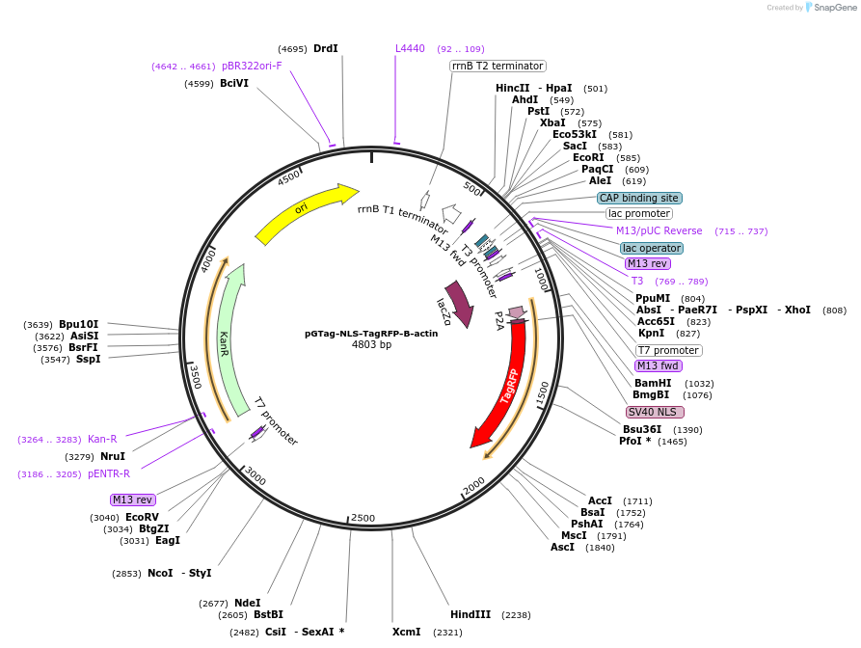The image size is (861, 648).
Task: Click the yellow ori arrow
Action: pos(304,212)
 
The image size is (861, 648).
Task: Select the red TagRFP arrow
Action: pos(506,386)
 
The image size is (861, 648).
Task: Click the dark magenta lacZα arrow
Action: pos(458,304)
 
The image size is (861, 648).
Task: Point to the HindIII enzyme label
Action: pos(471,614)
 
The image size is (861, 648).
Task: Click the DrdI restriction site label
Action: pos(326,48)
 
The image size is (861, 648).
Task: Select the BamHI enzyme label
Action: pos(653,383)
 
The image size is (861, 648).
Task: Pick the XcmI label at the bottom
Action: pos(406,632)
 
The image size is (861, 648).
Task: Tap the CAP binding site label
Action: pos(639,198)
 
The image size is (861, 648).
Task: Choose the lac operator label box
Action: pos(651,248)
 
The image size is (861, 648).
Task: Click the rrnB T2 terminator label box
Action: pos(498,66)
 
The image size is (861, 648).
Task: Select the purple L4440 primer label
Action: pos(410,48)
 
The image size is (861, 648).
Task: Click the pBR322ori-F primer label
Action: pos(252,66)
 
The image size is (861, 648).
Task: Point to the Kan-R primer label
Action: pos(102,439)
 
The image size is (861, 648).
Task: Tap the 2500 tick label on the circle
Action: pos(363,518)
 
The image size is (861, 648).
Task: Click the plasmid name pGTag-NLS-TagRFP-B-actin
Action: pos(371,333)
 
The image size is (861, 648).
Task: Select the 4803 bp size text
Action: pos(371,344)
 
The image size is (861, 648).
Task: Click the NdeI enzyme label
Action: pos(248,603)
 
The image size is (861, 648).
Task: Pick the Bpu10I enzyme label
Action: pos(78,324)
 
